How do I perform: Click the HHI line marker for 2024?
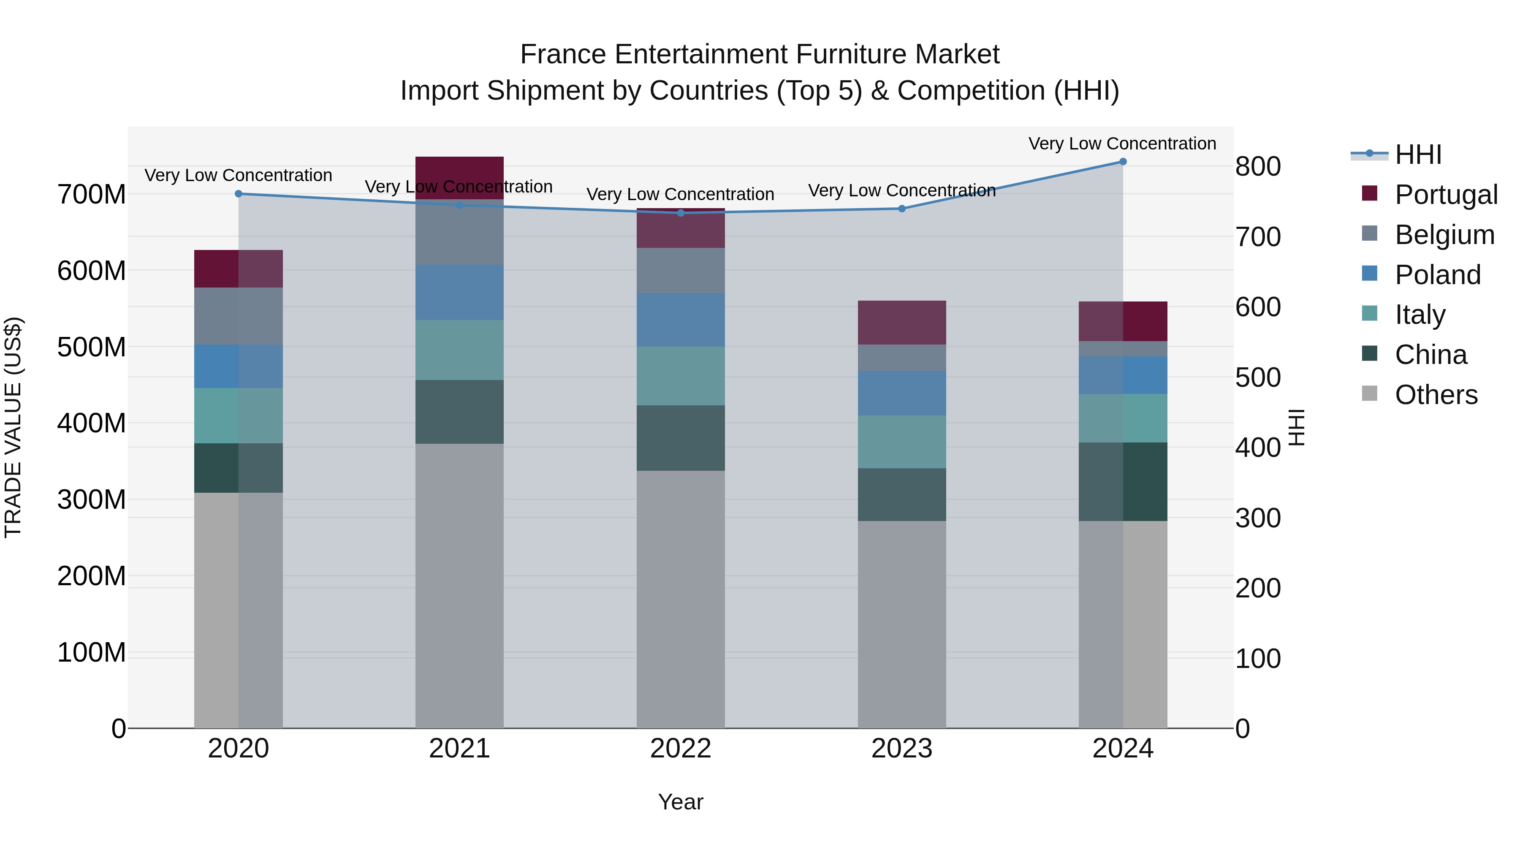[1122, 162]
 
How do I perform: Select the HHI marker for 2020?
[239, 193]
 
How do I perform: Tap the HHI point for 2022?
[680, 213]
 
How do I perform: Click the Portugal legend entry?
[1446, 195]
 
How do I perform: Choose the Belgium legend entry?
[1444, 235]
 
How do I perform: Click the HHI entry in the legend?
[1418, 155]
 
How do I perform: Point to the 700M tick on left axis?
[92, 195]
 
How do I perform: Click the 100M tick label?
[92, 653]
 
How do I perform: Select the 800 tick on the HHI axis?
[1258, 167]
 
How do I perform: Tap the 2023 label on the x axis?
[901, 749]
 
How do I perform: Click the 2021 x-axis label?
[460, 749]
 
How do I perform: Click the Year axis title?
[680, 802]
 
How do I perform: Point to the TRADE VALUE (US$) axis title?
[14, 427]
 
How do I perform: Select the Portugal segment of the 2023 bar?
[901, 323]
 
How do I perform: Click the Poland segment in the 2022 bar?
[680, 320]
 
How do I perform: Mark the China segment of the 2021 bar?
[460, 412]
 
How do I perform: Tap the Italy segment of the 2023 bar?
[901, 442]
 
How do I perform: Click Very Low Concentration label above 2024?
[1122, 144]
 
